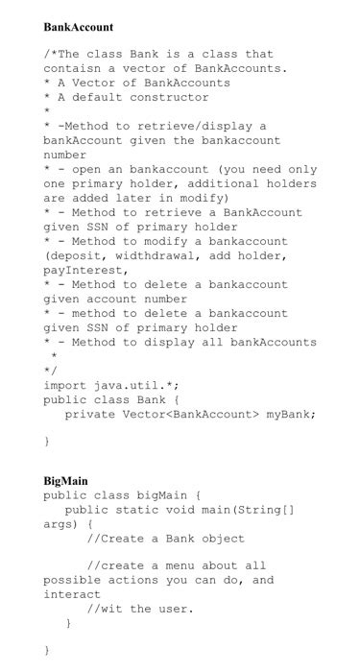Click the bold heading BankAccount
[x=79, y=28]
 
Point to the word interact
[x=71, y=595]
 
